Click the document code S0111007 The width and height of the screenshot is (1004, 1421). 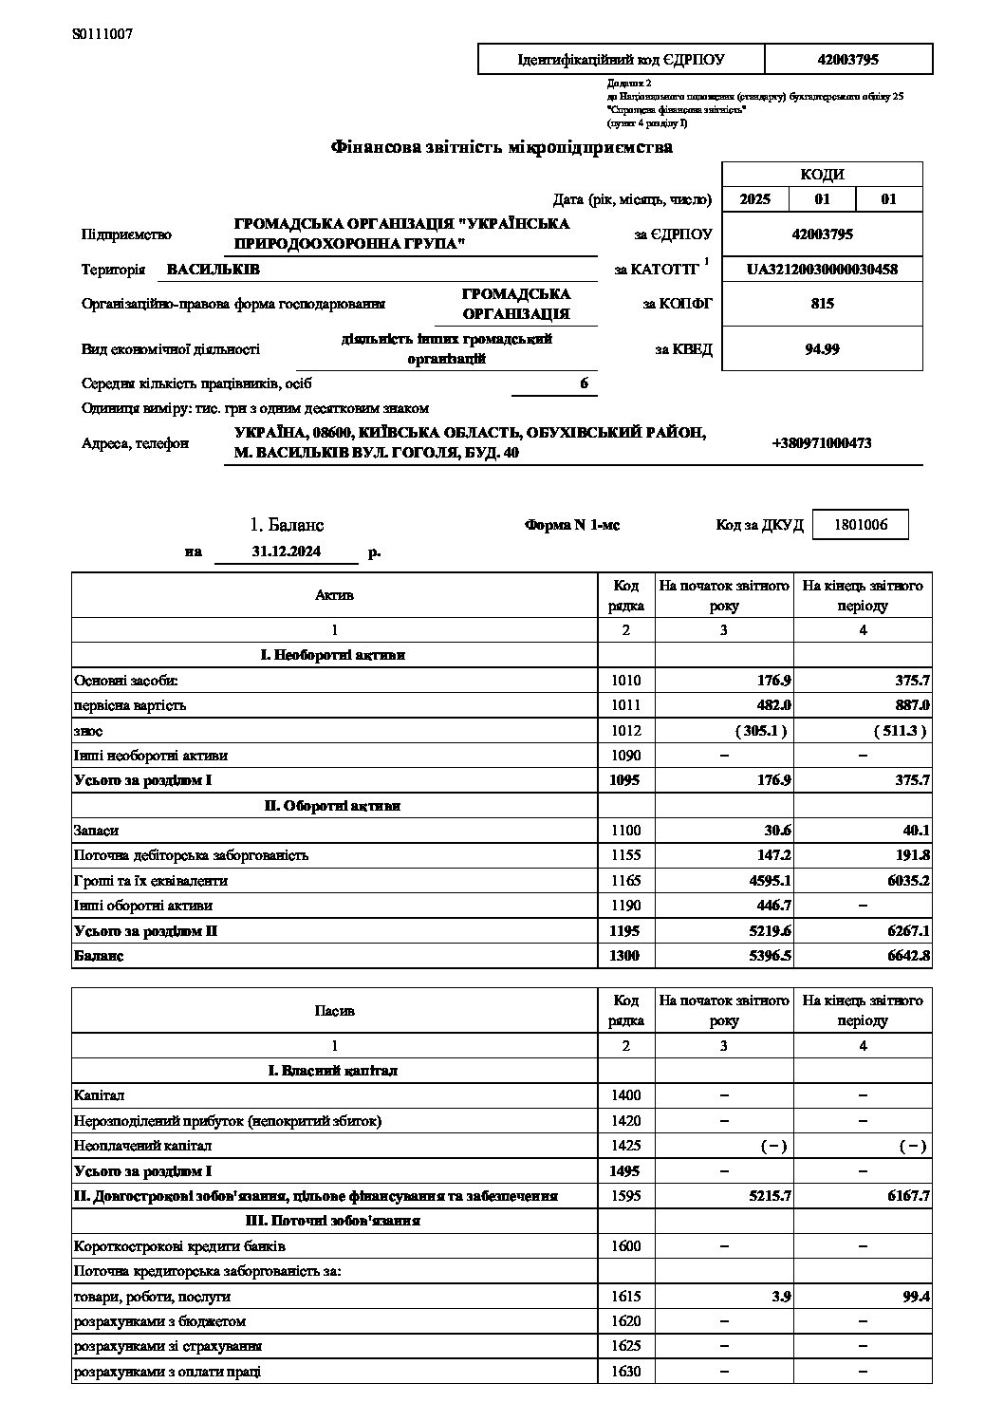point(102,34)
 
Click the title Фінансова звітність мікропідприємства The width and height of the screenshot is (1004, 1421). point(501,147)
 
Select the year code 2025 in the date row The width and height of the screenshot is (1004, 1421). point(755,199)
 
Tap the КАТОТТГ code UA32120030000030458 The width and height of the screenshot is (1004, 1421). point(822,269)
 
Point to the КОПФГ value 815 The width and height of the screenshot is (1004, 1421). point(822,304)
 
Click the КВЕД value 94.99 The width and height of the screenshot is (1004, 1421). point(822,348)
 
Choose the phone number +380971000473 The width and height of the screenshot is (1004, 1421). point(822,443)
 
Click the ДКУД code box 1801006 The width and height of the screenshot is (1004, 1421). point(861,524)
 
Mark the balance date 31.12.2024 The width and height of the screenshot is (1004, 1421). point(287,552)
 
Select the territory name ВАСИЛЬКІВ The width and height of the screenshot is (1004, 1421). point(213,270)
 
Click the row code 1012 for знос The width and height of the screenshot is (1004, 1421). point(626,731)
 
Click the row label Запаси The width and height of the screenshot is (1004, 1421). point(96,831)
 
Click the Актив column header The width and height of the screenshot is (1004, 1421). point(334,595)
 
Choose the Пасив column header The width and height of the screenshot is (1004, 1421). point(334,1011)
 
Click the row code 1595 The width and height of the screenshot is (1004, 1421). point(626,1196)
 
